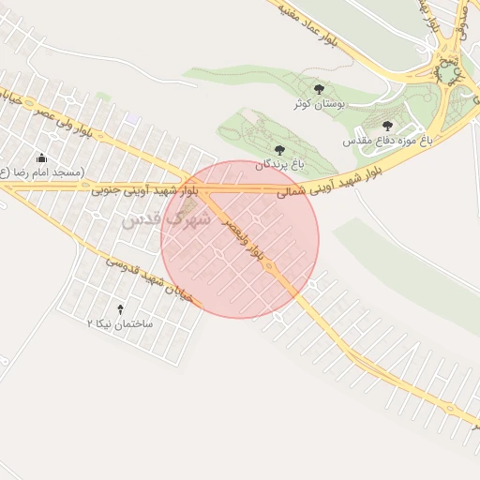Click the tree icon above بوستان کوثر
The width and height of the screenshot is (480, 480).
pyautogui.click(x=319, y=89)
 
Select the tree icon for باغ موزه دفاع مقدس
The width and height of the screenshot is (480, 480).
pyautogui.click(x=387, y=126)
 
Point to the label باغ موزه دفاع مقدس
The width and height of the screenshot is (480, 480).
pyautogui.click(x=386, y=140)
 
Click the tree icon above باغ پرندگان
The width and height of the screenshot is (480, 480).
pyautogui.click(x=277, y=149)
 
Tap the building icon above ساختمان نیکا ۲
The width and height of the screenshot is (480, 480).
pyautogui.click(x=119, y=308)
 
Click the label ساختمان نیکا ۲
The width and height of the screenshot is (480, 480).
pyautogui.click(x=120, y=322)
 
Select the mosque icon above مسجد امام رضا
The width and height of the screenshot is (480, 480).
pyautogui.click(x=40, y=158)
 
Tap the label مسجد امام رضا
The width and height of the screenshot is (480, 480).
pyautogui.click(x=42, y=172)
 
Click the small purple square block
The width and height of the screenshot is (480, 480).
pyautogui.click(x=133, y=118)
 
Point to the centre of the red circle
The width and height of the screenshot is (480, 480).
pyautogui.click(x=240, y=239)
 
